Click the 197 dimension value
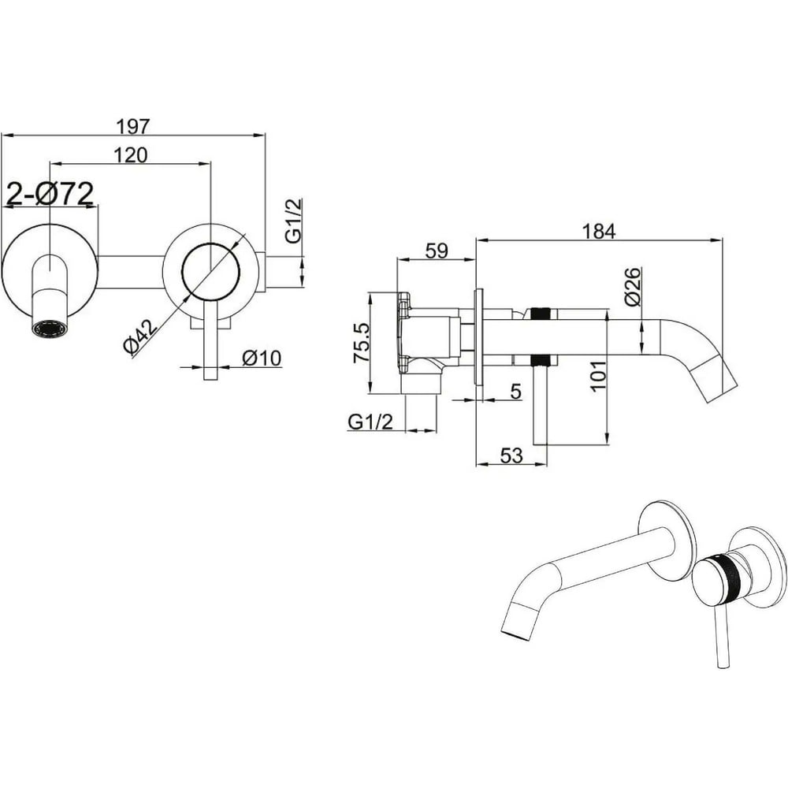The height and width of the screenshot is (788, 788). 133,127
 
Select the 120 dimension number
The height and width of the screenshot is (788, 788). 131,155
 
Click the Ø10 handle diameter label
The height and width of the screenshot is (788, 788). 262,359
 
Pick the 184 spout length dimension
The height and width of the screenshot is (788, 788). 599,232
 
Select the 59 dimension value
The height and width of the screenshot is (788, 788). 437,251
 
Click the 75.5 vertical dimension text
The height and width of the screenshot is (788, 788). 362,343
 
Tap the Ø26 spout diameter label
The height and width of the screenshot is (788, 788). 633,287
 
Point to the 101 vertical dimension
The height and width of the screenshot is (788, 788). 598,376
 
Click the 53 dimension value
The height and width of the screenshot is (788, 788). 511,455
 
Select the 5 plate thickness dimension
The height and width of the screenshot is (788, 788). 515,392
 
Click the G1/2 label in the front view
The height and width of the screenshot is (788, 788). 294,221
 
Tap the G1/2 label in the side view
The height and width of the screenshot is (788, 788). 370,422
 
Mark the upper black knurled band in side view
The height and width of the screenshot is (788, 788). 541,314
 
